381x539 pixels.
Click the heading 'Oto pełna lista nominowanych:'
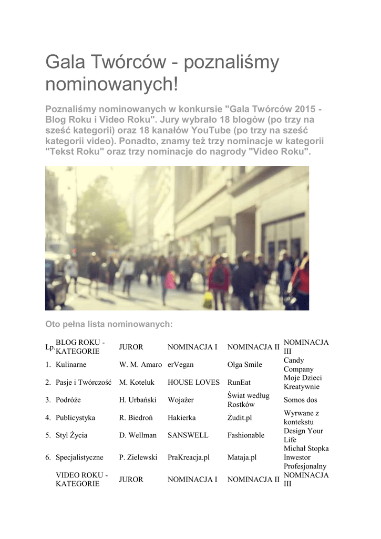(x=109, y=324)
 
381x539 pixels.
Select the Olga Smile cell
(x=244, y=365)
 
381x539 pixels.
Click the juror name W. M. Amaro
(x=140, y=365)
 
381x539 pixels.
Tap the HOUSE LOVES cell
(x=193, y=383)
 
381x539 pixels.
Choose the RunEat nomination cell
(x=239, y=383)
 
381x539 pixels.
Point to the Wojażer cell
(x=181, y=400)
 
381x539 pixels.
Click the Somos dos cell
(x=300, y=400)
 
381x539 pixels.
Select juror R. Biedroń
(x=136, y=418)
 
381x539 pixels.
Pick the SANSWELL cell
(x=188, y=435)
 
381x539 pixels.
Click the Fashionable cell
(x=245, y=435)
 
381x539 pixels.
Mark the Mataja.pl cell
(x=242, y=457)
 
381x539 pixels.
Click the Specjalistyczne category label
(x=79, y=457)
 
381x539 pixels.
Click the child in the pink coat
(x=169, y=282)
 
